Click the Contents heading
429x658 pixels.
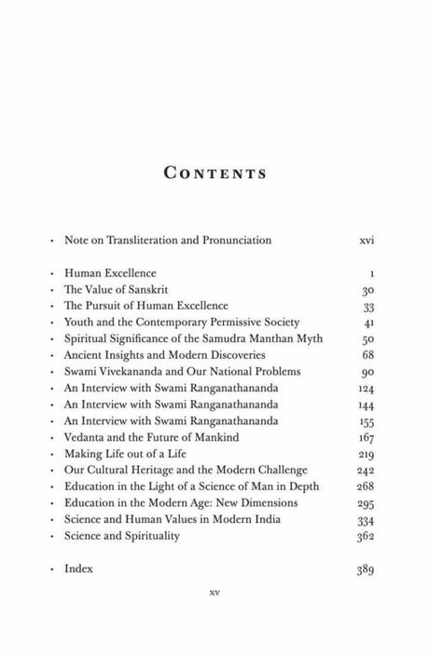214,173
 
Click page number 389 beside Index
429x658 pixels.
365,567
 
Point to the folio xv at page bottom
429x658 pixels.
214,616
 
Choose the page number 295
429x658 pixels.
365,501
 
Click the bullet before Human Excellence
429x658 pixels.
50,274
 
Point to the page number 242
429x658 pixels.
365,469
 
